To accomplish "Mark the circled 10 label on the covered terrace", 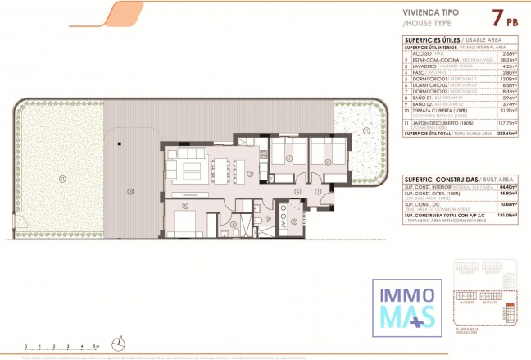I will (x=129, y=190).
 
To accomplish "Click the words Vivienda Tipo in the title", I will (x=432, y=13).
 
